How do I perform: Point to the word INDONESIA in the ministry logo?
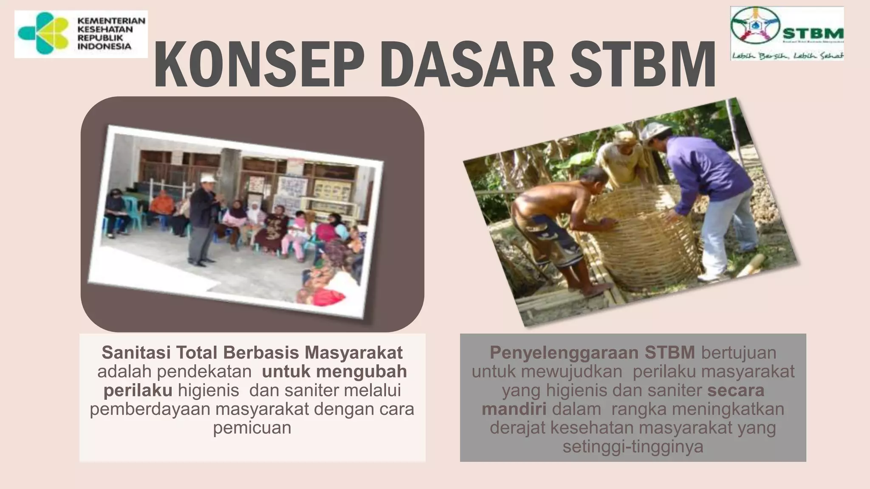[104, 46]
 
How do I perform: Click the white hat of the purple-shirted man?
[656, 129]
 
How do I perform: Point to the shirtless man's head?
[592, 180]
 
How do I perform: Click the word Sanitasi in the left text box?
[135, 353]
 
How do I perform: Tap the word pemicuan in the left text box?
[252, 427]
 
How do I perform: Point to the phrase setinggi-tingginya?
[633, 447]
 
